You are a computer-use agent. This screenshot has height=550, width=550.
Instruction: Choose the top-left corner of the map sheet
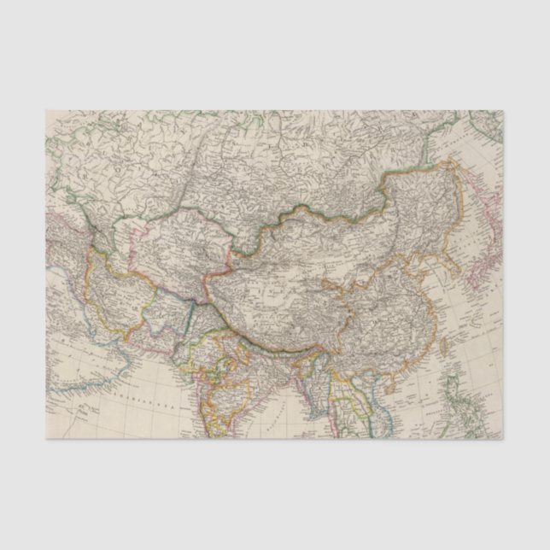point(46,110)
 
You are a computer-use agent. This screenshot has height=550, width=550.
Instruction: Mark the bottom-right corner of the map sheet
point(503,439)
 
